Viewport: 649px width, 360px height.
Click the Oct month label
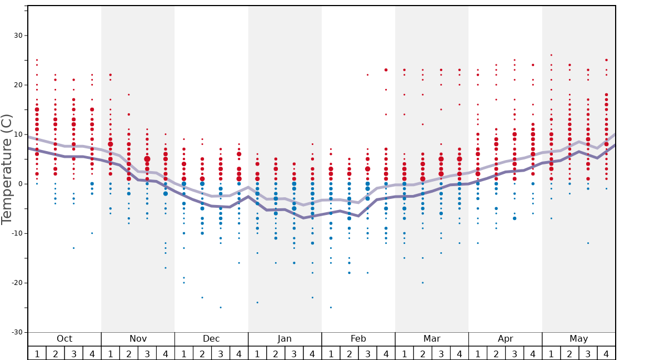point(64,339)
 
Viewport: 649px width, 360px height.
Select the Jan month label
point(284,339)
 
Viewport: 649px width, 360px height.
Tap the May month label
point(578,339)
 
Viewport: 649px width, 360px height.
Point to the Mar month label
point(432,339)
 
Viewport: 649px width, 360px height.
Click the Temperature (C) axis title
point(7,169)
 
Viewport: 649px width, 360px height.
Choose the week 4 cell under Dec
point(239,353)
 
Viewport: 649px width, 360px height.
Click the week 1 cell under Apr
point(478,353)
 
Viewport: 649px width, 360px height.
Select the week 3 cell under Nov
point(147,353)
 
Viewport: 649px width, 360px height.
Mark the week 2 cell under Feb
point(349,353)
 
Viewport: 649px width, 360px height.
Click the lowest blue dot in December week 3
point(221,307)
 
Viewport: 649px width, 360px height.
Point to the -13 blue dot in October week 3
point(73,248)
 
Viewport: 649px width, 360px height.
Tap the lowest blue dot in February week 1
point(331,307)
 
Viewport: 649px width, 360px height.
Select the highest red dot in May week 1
point(551,55)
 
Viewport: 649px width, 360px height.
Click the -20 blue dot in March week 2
point(422,283)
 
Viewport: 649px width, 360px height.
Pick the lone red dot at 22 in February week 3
point(367,75)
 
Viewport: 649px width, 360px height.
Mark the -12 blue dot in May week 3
point(588,243)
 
